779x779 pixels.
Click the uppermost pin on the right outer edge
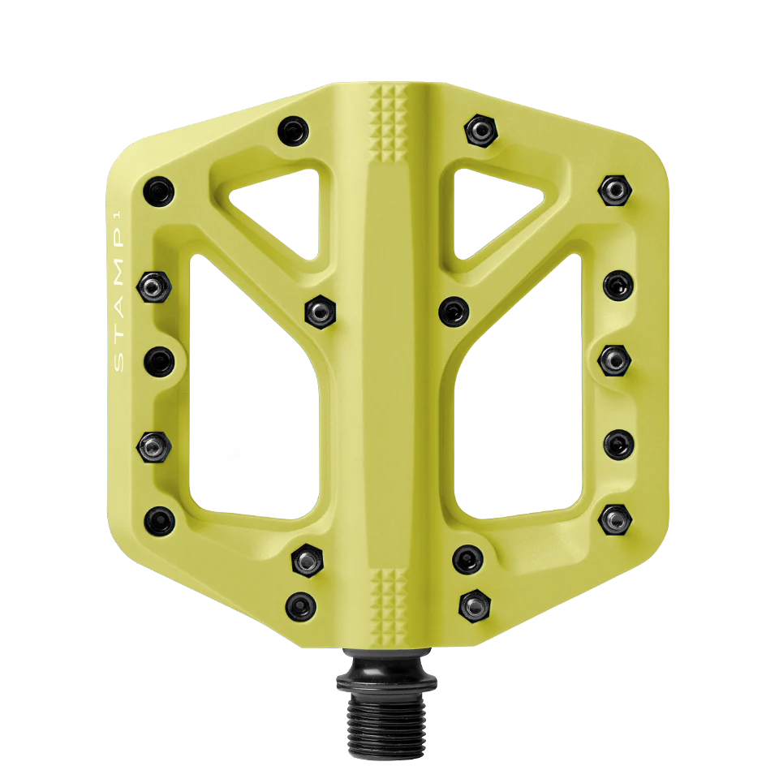[615, 190]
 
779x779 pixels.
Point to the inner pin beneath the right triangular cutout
[453, 310]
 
